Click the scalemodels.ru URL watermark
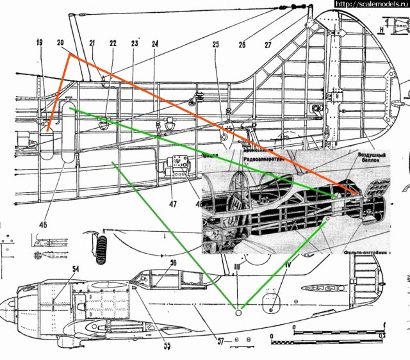click(x=372, y=4)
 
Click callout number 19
click(x=39, y=42)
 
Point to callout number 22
click(x=113, y=43)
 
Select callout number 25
click(x=215, y=44)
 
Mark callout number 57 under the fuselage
click(x=220, y=341)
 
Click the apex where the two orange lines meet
click(x=69, y=55)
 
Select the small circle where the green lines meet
click(x=238, y=312)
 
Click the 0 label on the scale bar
click(x=293, y=336)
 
